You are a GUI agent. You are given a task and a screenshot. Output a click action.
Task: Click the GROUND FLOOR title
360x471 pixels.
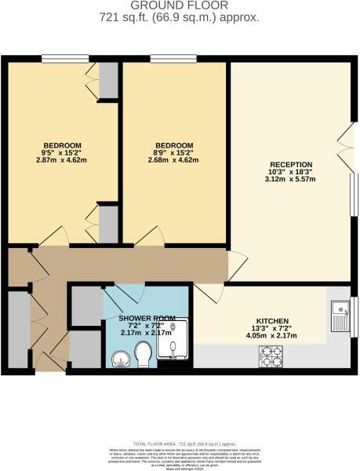(x=180, y=5)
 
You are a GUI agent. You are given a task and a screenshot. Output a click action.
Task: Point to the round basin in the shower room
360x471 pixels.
(x=119, y=358)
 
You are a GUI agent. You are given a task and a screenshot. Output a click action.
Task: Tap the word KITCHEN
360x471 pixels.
(x=271, y=321)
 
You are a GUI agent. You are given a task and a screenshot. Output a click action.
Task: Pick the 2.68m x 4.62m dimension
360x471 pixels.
(x=173, y=160)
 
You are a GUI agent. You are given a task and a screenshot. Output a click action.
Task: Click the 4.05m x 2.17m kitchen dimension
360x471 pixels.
(x=271, y=336)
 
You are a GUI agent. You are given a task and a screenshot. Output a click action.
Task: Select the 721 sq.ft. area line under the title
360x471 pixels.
(x=180, y=16)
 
